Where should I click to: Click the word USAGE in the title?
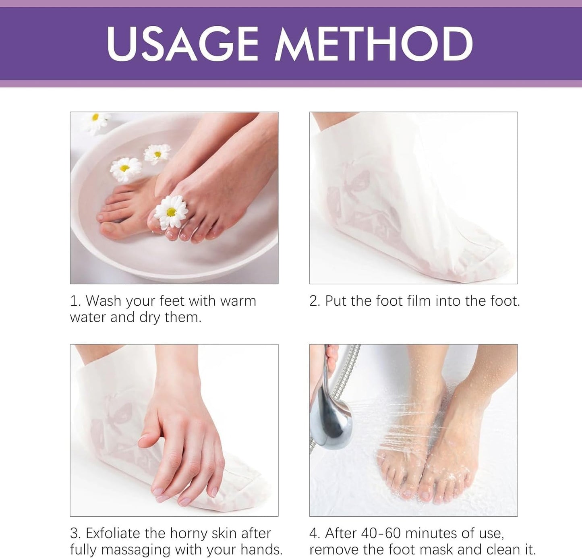click(x=182, y=43)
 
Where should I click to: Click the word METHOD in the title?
click(x=373, y=43)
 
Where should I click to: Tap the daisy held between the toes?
click(x=171, y=211)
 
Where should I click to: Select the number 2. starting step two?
click(x=315, y=301)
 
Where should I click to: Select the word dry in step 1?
click(x=150, y=317)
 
